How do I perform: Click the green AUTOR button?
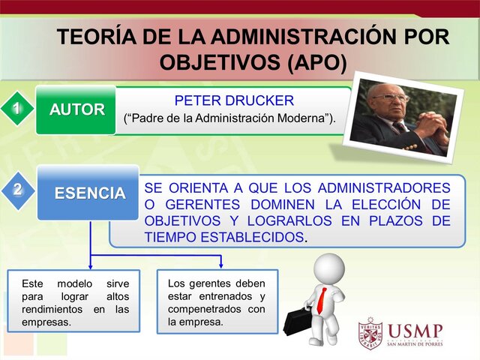[76, 109]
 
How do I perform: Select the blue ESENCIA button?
[88, 193]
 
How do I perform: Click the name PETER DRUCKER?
[234, 100]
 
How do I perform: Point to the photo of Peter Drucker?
[401, 115]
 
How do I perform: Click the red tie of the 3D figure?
[322, 299]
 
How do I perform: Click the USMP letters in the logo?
[415, 330]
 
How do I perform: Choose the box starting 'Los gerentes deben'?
[217, 301]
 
